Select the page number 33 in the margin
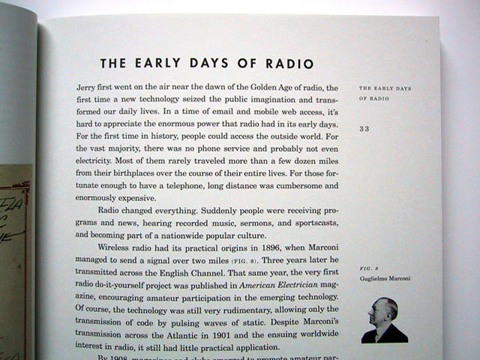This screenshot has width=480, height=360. [364, 128]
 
